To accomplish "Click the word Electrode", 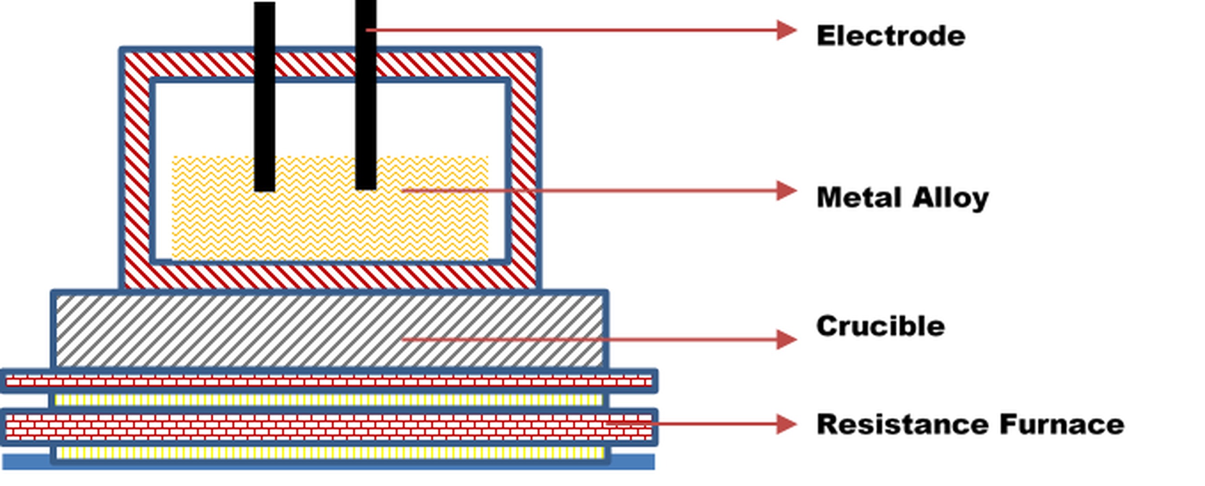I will pos(890,36).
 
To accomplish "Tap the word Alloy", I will pos(950,198).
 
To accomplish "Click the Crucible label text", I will pos(880,326).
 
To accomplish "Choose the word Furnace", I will pos(1062,424).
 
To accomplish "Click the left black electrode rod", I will pos(264,94).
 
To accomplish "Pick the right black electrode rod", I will pos(365,94).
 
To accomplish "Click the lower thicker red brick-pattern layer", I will pos(328,427).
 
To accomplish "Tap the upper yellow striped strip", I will pos(328,400).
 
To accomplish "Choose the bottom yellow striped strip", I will pos(328,453).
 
